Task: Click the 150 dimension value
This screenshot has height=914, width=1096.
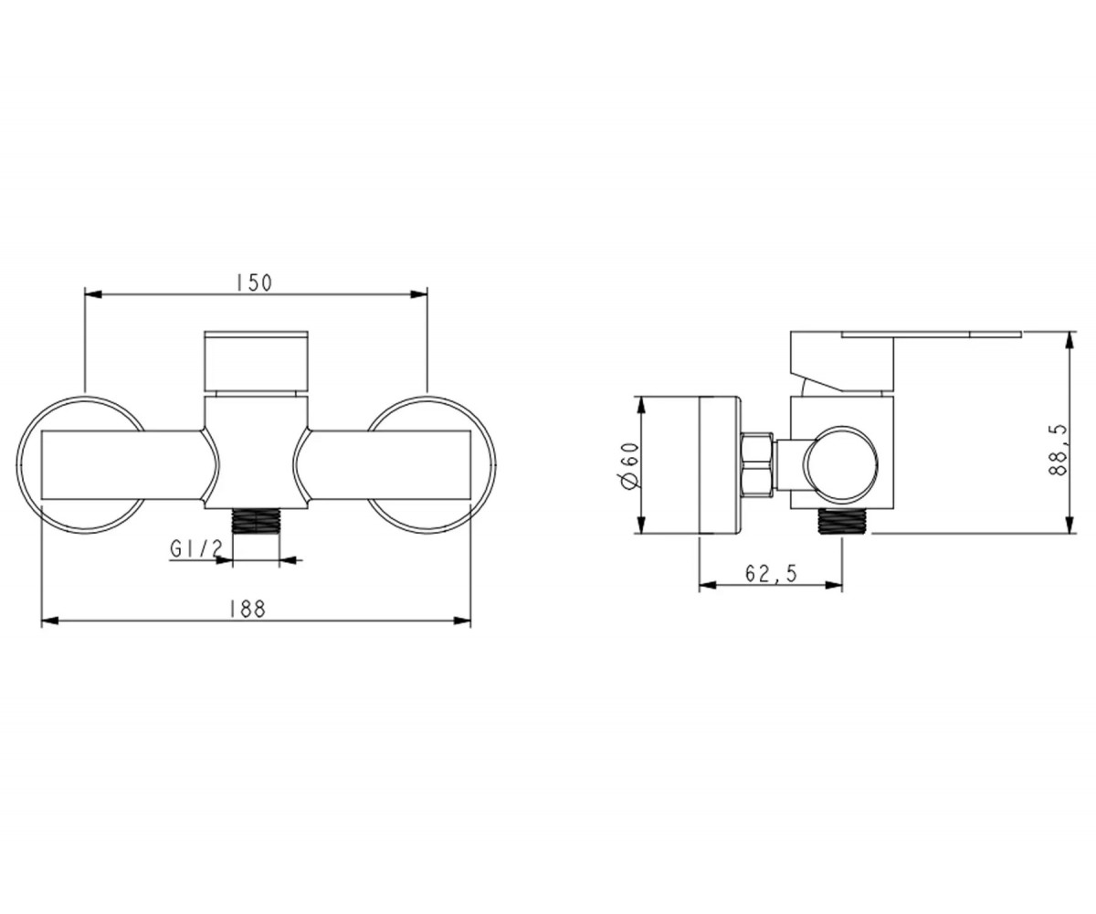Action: pos(254,283)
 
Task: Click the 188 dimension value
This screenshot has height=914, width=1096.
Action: pos(248,609)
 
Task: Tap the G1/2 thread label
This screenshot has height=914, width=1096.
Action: pos(196,549)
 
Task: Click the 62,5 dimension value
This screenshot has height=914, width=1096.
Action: pos(771,573)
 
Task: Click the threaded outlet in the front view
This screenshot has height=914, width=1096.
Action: pos(256,522)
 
